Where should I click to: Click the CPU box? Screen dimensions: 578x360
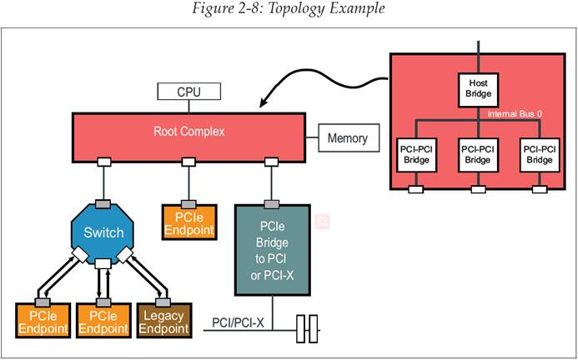[x=189, y=92]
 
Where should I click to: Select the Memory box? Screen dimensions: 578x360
[x=349, y=137]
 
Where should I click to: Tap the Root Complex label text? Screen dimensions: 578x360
[x=189, y=132]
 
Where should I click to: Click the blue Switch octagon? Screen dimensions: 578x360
[x=103, y=232]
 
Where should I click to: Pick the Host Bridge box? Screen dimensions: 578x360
[x=478, y=90]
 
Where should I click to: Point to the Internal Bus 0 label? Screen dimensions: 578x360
[x=515, y=114]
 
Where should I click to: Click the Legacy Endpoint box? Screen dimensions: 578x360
[x=164, y=321]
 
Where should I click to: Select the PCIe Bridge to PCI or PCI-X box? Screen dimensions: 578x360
[x=273, y=250]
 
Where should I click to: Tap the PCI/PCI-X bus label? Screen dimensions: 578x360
[x=238, y=322]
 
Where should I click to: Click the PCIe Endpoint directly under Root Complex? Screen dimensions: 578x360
[x=189, y=222]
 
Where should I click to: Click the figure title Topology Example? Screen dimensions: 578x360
[x=289, y=8]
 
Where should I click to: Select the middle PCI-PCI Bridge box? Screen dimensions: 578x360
[x=478, y=155]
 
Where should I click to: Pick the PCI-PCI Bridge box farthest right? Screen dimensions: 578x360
[x=540, y=155]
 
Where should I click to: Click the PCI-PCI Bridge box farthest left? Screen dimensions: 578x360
[x=416, y=155]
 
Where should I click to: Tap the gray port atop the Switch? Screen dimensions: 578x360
[x=103, y=204]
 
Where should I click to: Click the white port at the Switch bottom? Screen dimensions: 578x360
[x=103, y=263]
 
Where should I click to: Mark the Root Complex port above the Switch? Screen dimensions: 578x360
[x=104, y=162]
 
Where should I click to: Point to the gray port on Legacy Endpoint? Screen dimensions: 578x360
[x=163, y=302]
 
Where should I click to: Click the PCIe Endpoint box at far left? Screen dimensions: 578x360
[x=43, y=321]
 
